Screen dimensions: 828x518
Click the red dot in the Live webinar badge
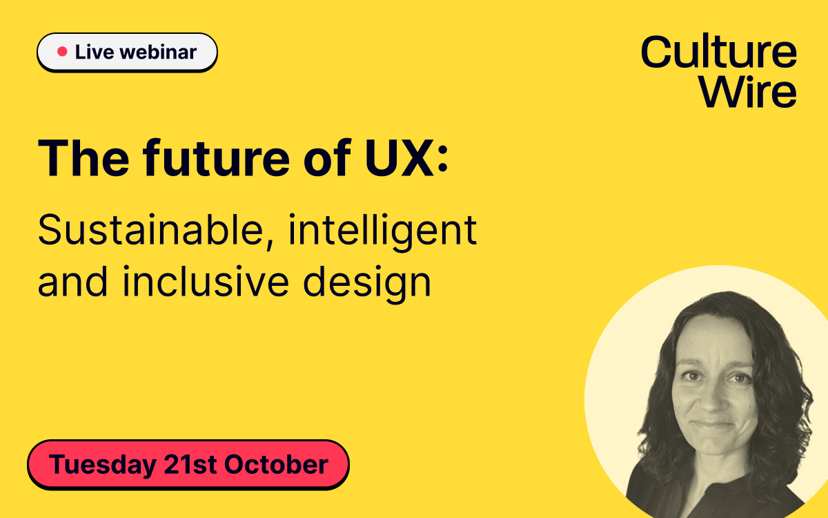(62, 51)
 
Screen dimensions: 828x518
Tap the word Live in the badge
(95, 52)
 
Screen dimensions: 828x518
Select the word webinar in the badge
(158, 52)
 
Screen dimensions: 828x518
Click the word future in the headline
(217, 158)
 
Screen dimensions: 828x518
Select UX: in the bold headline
(406, 158)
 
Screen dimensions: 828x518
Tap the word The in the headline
(83, 158)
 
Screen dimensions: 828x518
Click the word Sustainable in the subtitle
(150, 229)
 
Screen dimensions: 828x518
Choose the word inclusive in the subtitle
(206, 281)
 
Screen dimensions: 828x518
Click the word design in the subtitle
(367, 283)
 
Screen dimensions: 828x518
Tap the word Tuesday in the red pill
(102, 465)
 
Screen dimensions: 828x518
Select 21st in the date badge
(190, 464)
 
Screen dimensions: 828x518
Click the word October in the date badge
(276, 464)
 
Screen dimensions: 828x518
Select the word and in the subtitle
(73, 281)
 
